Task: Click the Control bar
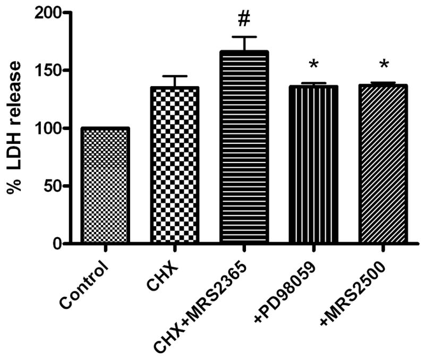pyautogui.click(x=105, y=186)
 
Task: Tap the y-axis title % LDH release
pyautogui.click(x=15, y=128)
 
